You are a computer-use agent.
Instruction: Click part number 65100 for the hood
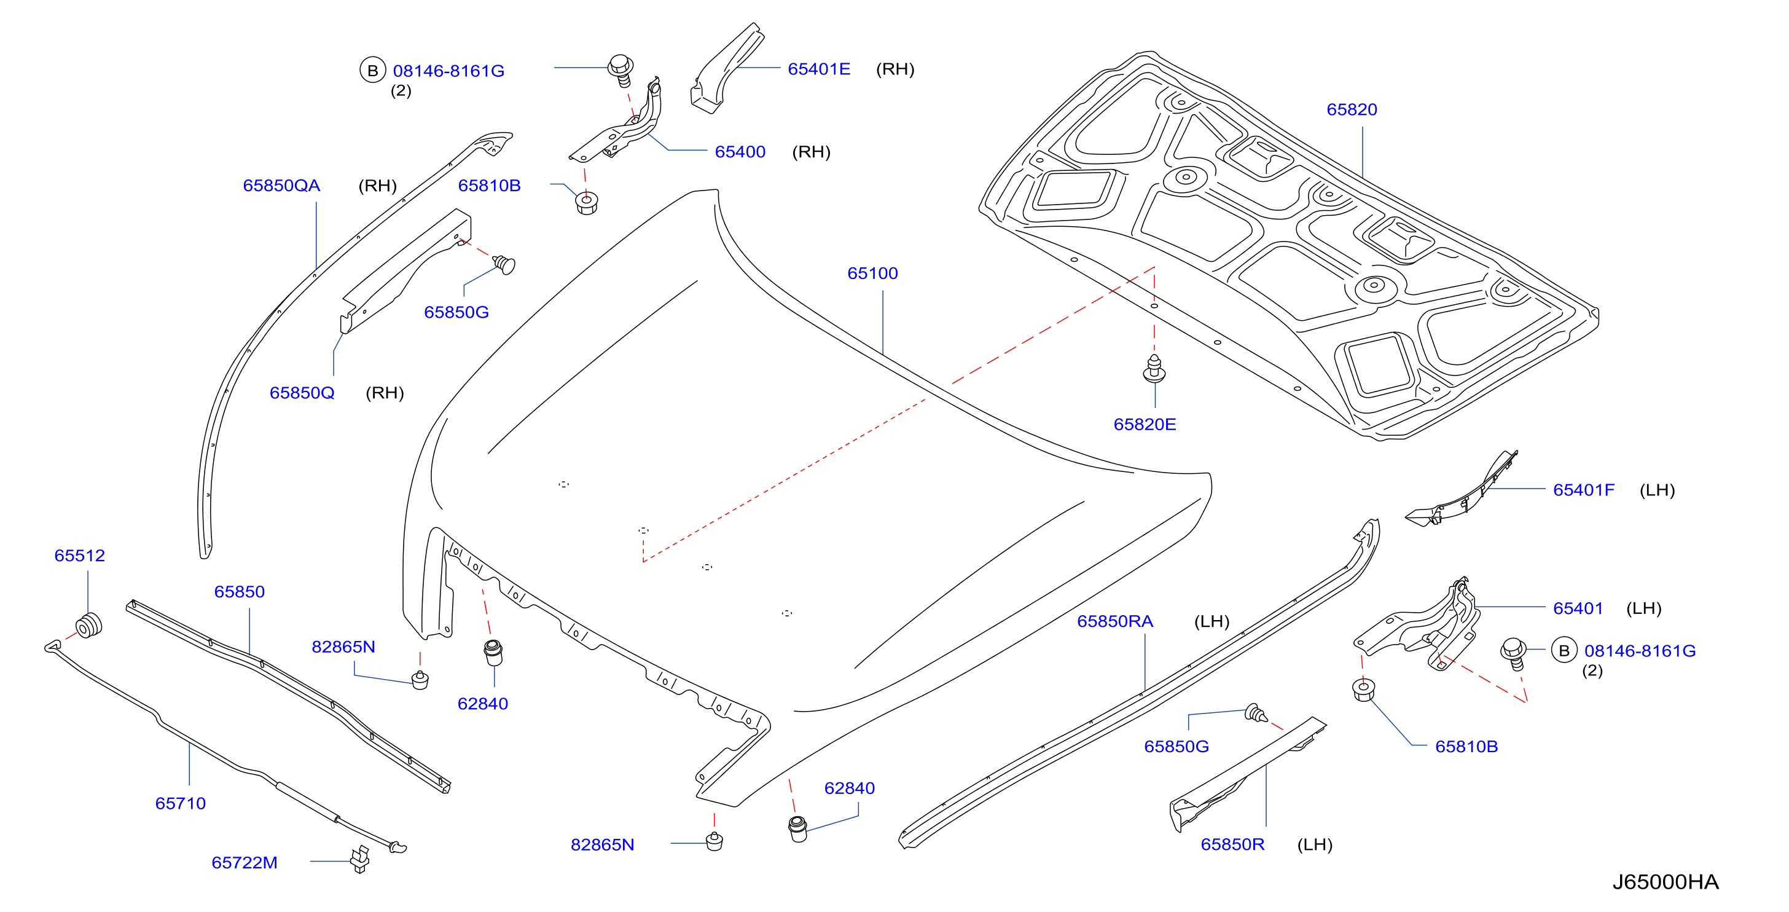872,273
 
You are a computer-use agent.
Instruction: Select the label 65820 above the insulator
1352,109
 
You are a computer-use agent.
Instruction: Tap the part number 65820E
1145,425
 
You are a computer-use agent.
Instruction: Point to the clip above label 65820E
1154,368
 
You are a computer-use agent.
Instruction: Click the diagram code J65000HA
1666,881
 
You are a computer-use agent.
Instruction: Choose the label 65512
80,556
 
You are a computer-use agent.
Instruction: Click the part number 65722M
245,863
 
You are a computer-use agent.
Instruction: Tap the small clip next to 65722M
361,860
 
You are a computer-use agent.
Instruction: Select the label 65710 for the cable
181,804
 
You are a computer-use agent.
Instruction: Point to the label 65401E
819,69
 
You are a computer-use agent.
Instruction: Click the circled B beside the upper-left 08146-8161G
373,70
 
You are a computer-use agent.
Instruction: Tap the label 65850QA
281,186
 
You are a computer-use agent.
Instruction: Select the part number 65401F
1583,490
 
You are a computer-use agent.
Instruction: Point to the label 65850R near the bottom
1233,844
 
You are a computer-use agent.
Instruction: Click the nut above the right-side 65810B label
1364,690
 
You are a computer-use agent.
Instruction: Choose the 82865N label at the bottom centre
602,845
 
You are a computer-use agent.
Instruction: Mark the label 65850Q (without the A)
302,393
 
